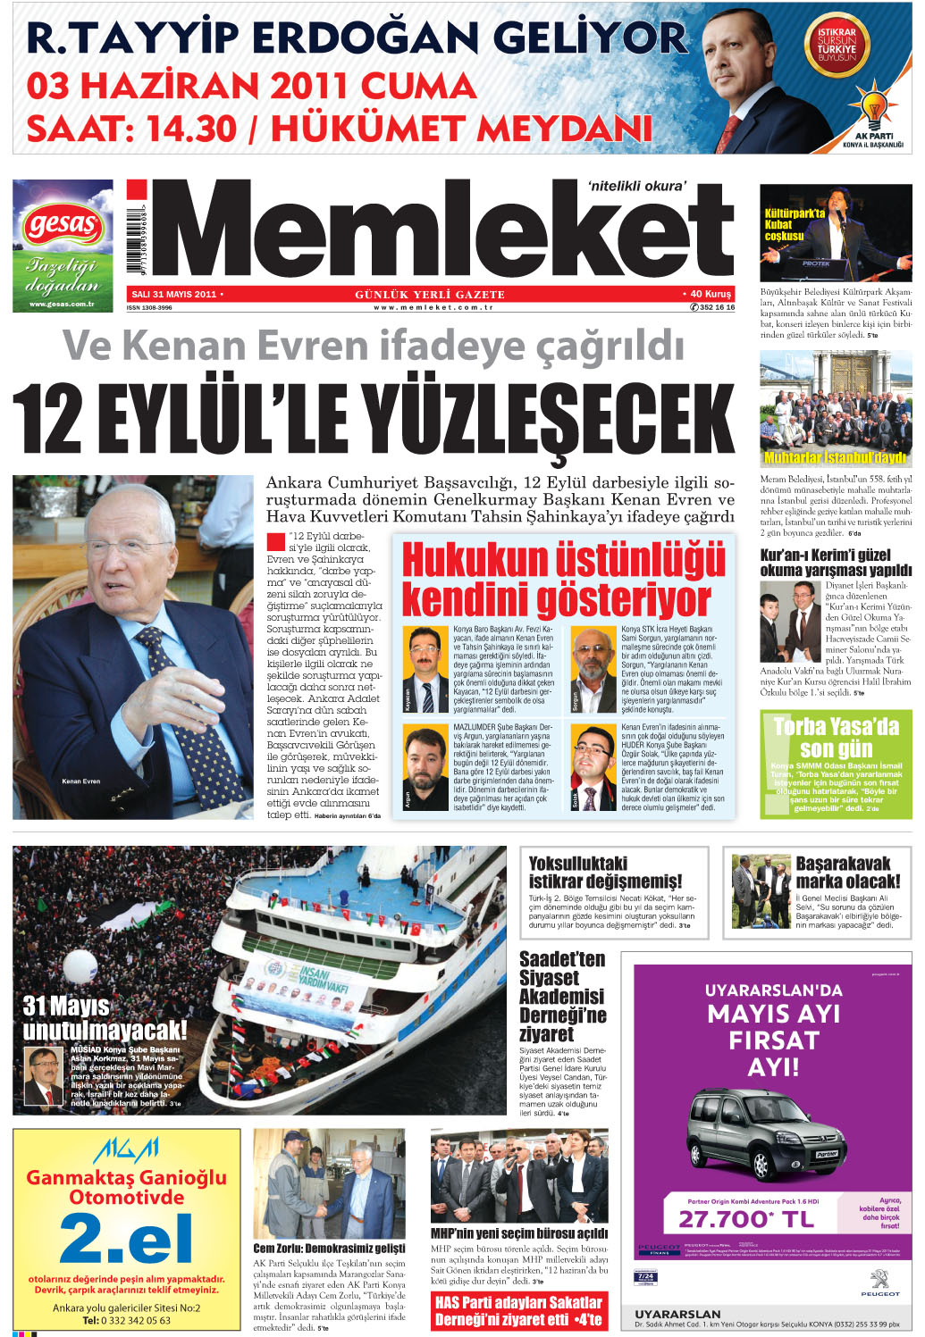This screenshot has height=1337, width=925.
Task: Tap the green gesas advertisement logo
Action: point(62,224)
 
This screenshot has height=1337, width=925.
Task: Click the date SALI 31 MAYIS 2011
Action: point(173,294)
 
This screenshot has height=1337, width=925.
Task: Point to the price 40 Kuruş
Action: point(711,294)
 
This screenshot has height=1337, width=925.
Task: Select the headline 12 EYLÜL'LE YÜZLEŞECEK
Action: point(374,418)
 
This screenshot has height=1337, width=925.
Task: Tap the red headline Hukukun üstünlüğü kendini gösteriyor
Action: point(563,580)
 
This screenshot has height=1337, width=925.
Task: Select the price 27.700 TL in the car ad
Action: point(746,1219)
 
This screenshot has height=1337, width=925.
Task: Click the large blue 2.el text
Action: point(126,1239)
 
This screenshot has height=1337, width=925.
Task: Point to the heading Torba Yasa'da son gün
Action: point(836,737)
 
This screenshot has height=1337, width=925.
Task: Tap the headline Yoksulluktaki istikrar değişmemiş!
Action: point(605,872)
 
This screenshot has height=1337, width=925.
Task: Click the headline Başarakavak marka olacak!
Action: point(847,872)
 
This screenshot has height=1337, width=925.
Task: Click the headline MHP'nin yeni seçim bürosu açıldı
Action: point(519,1233)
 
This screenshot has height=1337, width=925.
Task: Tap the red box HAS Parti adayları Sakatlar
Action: point(518,1310)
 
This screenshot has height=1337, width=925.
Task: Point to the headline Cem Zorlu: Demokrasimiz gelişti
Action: point(329,1248)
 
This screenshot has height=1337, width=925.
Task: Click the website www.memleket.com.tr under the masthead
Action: point(433,307)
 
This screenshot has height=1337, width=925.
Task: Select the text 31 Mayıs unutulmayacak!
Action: point(105,1018)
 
